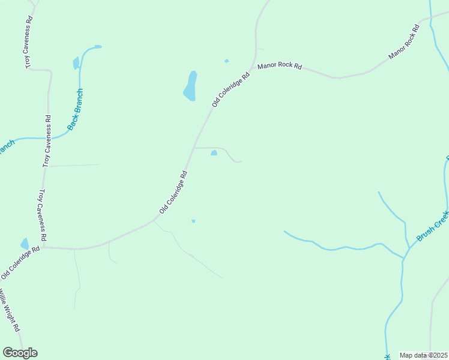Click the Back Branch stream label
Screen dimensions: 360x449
click(75, 110)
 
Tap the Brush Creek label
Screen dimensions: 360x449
click(433, 226)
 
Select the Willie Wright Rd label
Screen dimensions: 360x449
click(9, 310)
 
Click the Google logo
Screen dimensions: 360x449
click(20, 353)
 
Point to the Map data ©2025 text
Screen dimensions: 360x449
click(424, 355)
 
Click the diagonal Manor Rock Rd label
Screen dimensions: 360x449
click(404, 42)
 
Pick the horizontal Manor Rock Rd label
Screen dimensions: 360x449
click(279, 66)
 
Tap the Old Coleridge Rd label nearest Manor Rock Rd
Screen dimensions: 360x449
click(231, 90)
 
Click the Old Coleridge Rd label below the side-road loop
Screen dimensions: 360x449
click(173, 193)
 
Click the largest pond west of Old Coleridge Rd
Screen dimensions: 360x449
click(190, 86)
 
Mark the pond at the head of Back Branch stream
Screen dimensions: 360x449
click(97, 46)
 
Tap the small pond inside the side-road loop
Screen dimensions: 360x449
click(214, 153)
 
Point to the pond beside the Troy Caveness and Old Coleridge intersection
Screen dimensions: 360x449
click(25, 243)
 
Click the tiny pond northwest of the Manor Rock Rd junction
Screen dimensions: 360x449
click(226, 61)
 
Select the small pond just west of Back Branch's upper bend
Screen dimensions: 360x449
click(76, 62)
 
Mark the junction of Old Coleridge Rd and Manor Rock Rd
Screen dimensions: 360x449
click(255, 65)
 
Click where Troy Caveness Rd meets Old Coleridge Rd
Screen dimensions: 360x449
click(43, 247)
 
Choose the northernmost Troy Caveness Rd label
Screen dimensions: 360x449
click(28, 42)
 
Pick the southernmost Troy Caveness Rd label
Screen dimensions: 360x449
click(43, 214)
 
